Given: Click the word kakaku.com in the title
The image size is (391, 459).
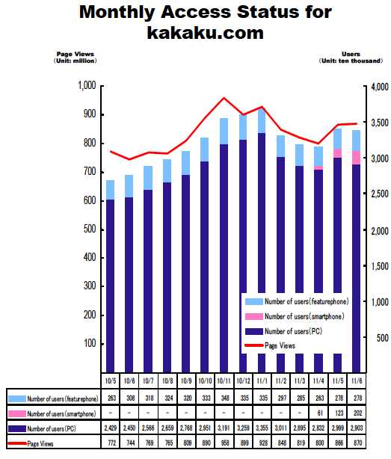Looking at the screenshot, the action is [205, 32].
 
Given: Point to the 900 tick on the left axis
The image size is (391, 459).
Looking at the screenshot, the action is [90, 114].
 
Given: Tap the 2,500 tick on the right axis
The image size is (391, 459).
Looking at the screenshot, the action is [380, 194].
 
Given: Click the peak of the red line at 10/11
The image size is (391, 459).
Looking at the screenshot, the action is [224, 98].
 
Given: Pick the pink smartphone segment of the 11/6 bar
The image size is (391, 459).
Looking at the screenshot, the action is [356, 158].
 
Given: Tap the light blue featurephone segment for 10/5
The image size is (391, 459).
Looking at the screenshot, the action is [110, 190].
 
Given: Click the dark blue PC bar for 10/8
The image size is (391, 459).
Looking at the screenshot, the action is [167, 277].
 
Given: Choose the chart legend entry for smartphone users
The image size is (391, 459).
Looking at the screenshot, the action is [295, 316].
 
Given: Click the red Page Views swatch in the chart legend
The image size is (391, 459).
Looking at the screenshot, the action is [254, 345].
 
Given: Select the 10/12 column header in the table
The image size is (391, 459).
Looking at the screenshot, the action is [243, 381].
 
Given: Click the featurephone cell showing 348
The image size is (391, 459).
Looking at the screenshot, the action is [225, 398].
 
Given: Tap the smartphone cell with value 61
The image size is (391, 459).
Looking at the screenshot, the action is [320, 413].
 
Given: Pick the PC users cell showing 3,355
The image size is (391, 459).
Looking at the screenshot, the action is [262, 428].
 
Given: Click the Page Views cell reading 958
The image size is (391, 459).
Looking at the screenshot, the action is [225, 443].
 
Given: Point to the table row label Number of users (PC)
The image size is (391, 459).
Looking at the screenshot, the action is [52, 429].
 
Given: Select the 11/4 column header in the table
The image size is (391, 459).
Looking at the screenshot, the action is [318, 381].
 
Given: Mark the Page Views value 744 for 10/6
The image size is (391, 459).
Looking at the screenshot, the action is [131, 443].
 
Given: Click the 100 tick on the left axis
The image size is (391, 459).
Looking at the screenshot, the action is [90, 343].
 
